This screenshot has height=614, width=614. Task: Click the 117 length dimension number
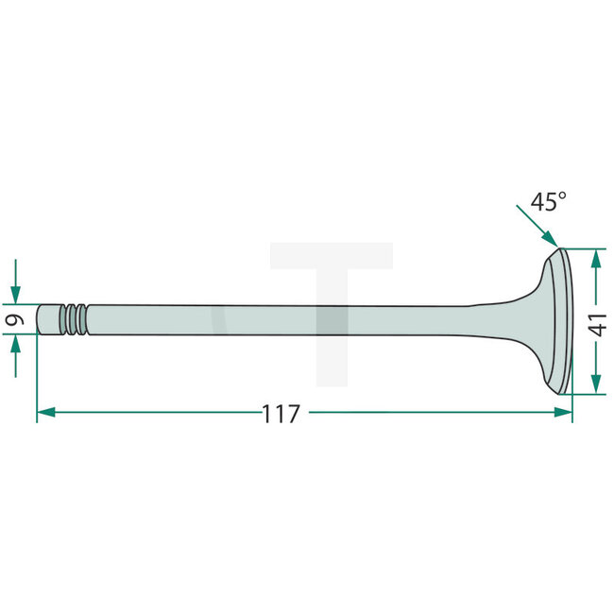[x=281, y=413]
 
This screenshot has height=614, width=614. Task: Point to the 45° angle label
[x=548, y=202]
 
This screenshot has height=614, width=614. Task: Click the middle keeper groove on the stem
[x=74, y=318]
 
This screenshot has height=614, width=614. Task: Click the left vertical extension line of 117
[x=37, y=378]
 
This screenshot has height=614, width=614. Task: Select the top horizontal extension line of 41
[x=586, y=248]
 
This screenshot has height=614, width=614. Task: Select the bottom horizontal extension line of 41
[x=586, y=395]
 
